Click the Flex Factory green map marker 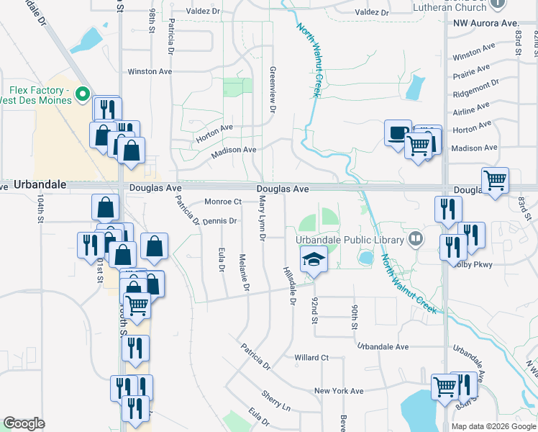[83, 94]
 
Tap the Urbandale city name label [40, 185]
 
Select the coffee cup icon [398, 133]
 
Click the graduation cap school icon [313, 258]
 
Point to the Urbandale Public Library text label [350, 239]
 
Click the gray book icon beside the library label [415, 238]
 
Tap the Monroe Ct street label [223, 202]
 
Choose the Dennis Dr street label [220, 221]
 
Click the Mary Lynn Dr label [263, 220]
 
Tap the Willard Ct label [311, 357]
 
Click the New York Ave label [339, 391]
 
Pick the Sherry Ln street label [276, 402]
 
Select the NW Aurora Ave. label [486, 23]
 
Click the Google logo [24, 423]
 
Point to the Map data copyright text [477, 426]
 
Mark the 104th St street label [41, 210]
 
